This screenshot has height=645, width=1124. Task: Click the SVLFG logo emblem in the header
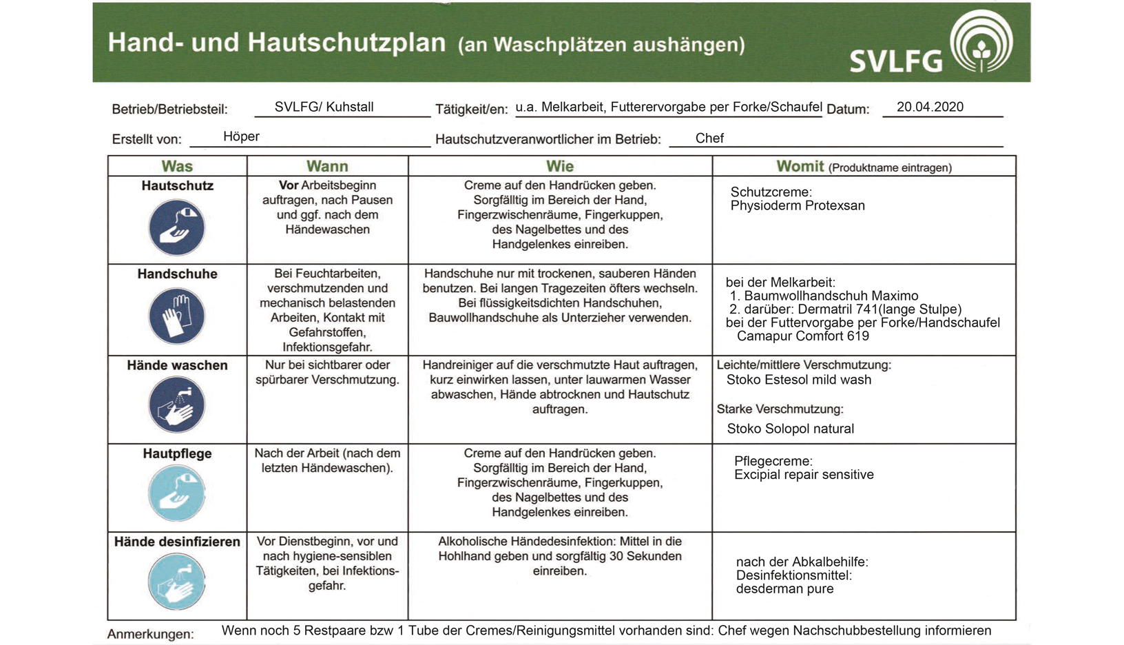(x=981, y=41)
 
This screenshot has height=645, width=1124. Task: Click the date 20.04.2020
(x=930, y=107)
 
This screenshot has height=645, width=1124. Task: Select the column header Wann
(x=327, y=166)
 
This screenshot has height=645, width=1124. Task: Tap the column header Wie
(x=559, y=166)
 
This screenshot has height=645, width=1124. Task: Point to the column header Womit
(x=800, y=166)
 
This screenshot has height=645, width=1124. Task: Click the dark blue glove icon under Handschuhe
(x=177, y=316)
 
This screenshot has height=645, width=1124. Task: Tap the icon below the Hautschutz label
(x=177, y=227)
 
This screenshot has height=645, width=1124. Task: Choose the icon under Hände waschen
(x=177, y=405)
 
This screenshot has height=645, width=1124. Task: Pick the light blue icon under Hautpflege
(x=177, y=493)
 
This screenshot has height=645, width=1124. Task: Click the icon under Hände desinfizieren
(x=177, y=582)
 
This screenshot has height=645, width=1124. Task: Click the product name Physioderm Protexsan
(x=798, y=205)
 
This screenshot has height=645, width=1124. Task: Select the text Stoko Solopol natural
(x=790, y=429)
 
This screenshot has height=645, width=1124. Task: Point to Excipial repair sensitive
(x=804, y=475)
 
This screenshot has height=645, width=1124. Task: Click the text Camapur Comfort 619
(x=802, y=336)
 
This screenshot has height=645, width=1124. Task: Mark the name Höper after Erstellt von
(x=241, y=136)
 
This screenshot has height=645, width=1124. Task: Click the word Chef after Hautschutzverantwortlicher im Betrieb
(x=709, y=139)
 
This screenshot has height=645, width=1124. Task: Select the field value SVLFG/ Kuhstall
(x=324, y=107)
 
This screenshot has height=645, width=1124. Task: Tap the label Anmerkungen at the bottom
(x=150, y=634)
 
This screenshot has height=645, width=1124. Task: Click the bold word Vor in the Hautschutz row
(x=288, y=185)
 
